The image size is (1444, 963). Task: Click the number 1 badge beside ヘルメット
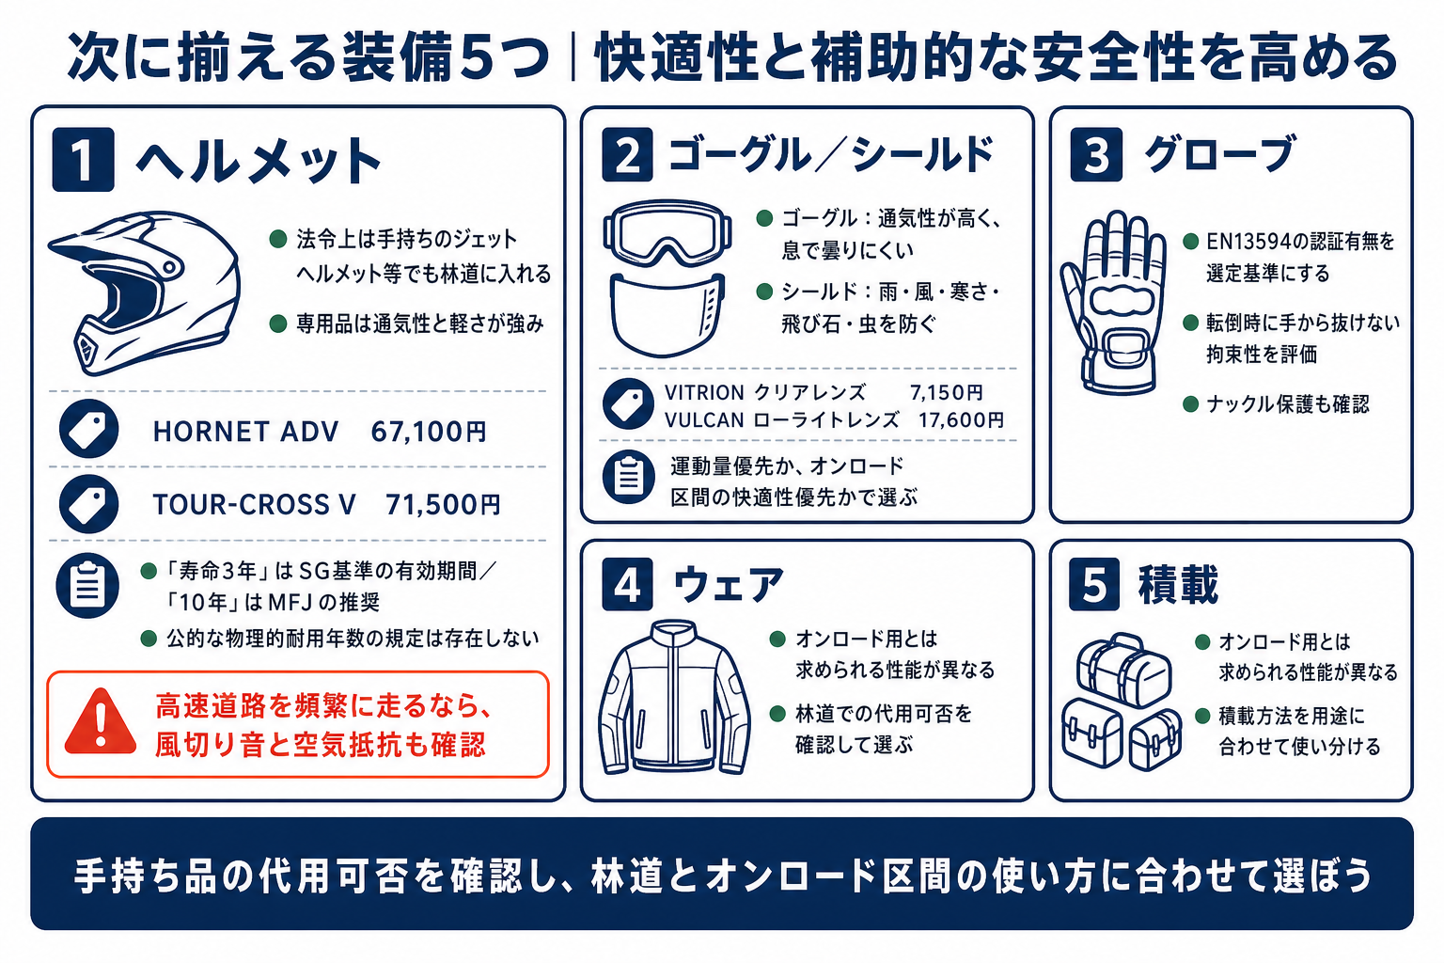pos(83,159)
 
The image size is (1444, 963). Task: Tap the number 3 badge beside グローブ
pos(1096,155)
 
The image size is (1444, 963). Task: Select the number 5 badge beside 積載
pos(1094,584)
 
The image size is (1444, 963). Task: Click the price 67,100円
pos(429,432)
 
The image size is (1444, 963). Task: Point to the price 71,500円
pos(443,504)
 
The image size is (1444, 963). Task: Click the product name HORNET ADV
pos(245,432)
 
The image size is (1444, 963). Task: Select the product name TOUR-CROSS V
pos(254,504)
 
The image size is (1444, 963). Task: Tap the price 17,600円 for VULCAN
pos(961,420)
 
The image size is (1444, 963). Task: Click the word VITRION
pos(704,392)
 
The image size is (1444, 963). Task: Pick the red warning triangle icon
pos(101,722)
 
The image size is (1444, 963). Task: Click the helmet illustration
pos(145,292)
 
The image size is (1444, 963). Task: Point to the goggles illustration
pos(667,232)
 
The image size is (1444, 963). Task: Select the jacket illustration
pos(674,697)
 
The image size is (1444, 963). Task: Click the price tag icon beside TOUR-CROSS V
pos(89,504)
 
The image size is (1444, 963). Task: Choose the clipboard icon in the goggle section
pos(629,478)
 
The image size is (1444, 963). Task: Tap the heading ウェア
pos(729,584)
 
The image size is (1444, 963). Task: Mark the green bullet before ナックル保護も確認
pos(1191,404)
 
